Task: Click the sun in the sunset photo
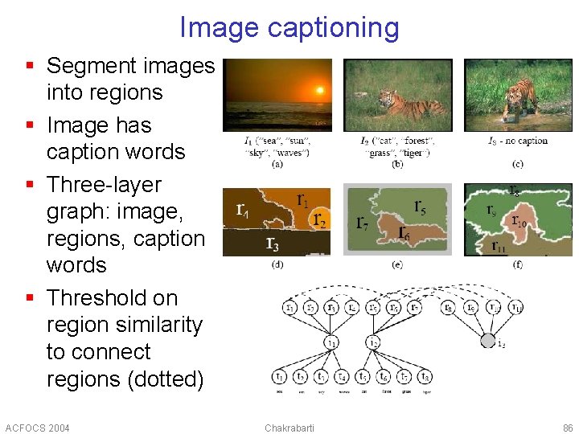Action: point(320,90)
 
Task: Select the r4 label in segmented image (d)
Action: point(241,210)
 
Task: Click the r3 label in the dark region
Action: point(273,243)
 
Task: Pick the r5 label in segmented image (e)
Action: point(420,207)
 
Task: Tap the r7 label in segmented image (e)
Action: point(363,222)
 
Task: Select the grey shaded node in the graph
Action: point(488,341)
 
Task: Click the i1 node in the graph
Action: point(331,342)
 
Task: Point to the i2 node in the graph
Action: point(372,342)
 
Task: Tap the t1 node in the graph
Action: point(279,376)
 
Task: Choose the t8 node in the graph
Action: point(425,376)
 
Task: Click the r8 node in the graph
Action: point(448,307)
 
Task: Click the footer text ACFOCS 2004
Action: point(37,428)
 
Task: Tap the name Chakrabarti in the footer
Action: point(289,428)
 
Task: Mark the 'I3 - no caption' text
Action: point(518,141)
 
